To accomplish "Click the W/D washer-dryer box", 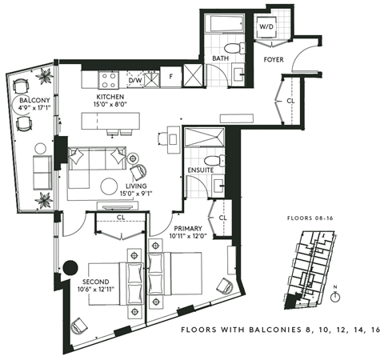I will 266,27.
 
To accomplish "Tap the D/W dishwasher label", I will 135,81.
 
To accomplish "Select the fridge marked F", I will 170,76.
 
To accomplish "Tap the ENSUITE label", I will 200,170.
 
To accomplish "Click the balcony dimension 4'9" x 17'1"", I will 34,111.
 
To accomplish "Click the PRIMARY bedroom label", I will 189,229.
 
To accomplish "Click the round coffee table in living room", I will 109,186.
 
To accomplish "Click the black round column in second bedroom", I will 70,268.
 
